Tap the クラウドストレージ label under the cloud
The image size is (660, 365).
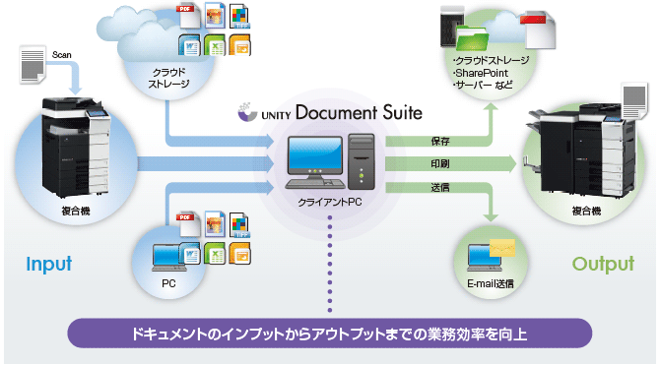pyautogui.click(x=165, y=78)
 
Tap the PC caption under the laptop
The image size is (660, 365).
pyautogui.click(x=168, y=282)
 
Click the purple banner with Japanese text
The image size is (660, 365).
pyautogui.click(x=329, y=334)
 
